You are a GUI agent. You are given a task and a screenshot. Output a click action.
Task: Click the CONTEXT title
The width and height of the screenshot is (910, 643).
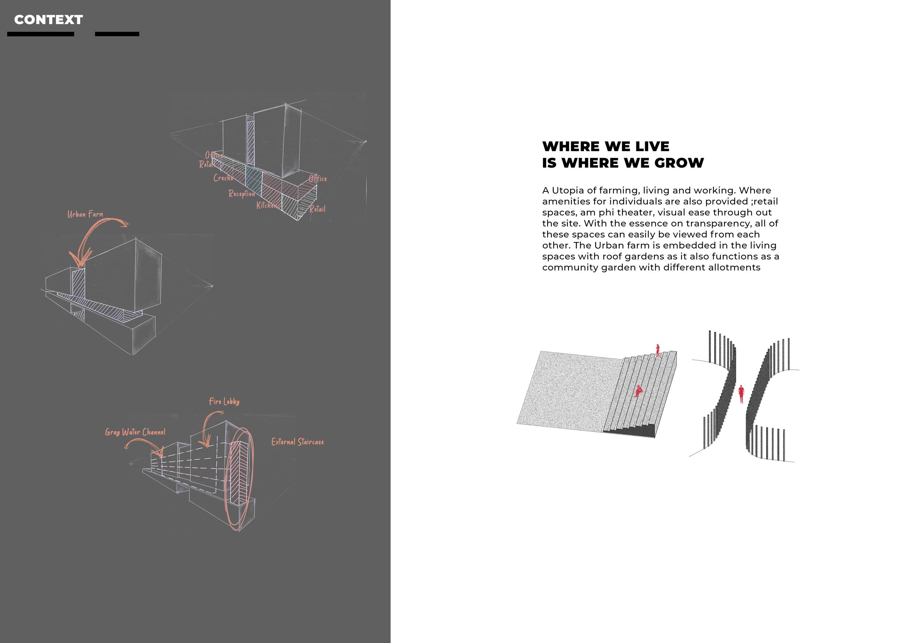click(x=48, y=20)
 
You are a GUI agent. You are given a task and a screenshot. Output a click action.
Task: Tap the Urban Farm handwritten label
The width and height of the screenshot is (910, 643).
click(x=85, y=214)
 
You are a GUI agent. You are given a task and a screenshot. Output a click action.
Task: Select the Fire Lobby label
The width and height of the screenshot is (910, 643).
click(x=224, y=401)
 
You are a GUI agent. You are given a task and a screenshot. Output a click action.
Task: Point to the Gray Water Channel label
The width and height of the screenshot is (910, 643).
click(x=135, y=432)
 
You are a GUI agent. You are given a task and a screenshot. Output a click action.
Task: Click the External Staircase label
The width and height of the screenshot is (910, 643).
click(x=297, y=442)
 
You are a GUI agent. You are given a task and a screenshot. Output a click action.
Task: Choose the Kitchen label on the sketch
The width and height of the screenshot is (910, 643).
click(x=266, y=205)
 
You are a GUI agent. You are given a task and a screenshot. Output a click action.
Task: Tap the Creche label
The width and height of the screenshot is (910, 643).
click(x=223, y=178)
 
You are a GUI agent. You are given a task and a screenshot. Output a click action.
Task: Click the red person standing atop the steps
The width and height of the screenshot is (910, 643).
click(x=658, y=350)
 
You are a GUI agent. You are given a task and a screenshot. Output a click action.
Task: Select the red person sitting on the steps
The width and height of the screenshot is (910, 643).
click(x=638, y=392)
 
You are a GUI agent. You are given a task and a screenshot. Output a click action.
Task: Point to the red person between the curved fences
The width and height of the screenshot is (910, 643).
click(x=741, y=394)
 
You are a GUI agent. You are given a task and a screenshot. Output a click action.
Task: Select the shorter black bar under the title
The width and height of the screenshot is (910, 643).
click(x=117, y=34)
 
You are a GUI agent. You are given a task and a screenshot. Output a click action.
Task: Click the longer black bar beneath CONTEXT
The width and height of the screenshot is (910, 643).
click(x=40, y=34)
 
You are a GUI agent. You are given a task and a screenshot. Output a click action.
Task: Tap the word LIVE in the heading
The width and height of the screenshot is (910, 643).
click(x=652, y=147)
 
